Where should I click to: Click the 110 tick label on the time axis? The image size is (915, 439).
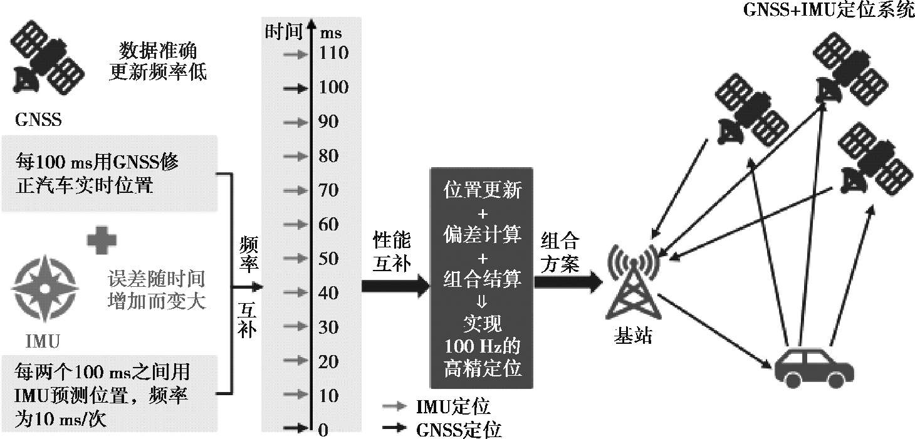334,53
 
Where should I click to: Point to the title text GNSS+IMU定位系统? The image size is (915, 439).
829,10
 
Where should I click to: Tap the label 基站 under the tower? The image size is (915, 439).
632,336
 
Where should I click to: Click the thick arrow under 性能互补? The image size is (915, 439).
395,286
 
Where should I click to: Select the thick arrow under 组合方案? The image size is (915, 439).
567,282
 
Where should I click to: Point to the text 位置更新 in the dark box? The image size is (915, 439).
482,190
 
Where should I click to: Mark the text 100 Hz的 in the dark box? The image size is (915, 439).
482,346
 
